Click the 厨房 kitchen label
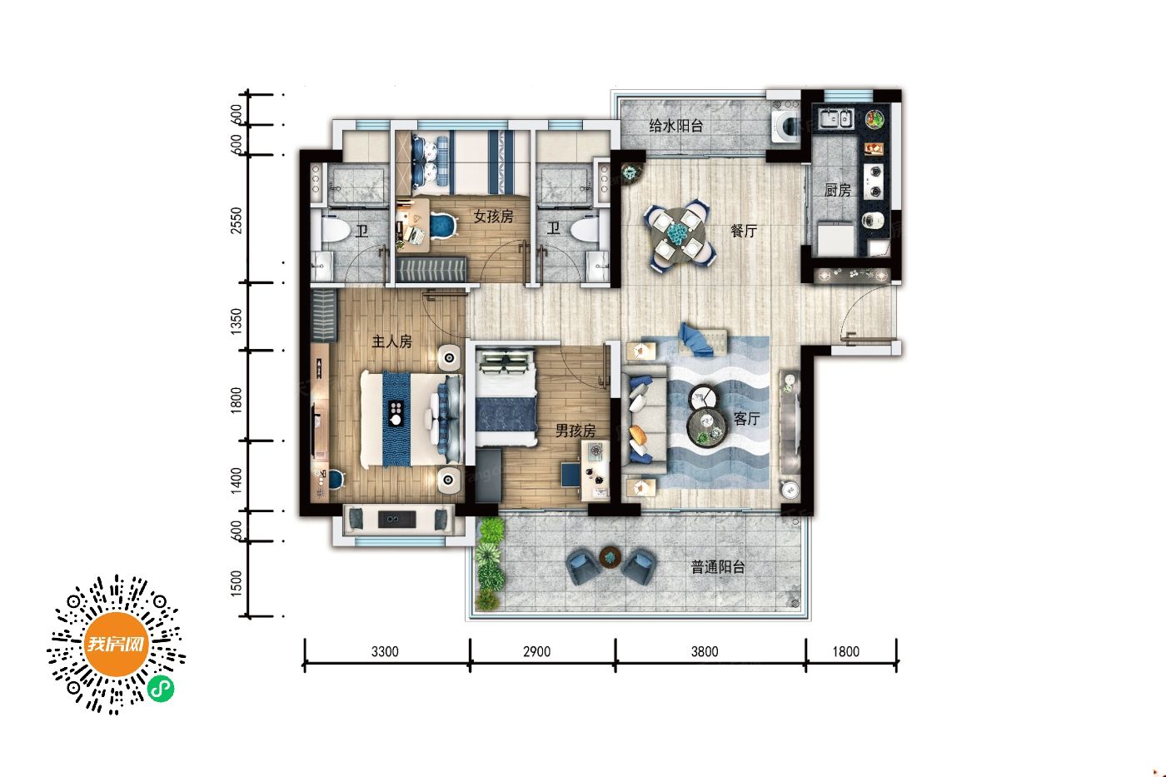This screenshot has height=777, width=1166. (x=838, y=191)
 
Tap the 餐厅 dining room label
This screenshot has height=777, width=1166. (x=744, y=231)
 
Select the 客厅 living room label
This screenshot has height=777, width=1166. (x=746, y=418)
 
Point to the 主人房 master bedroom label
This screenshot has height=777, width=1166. (x=391, y=341)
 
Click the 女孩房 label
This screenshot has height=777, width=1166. (x=493, y=216)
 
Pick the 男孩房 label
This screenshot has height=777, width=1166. (x=576, y=431)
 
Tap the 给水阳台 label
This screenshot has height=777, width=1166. (x=676, y=126)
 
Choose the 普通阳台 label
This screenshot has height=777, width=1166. (x=718, y=567)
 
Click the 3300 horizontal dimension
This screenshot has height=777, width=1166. (x=385, y=651)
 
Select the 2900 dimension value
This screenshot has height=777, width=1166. (x=536, y=651)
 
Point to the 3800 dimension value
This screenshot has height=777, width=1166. (x=705, y=651)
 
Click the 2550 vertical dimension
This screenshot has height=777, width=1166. (x=237, y=220)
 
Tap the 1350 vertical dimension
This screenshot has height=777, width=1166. (x=237, y=321)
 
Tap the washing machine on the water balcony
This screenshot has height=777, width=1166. (x=786, y=126)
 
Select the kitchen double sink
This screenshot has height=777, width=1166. (x=835, y=118)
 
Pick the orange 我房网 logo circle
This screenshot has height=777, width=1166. (x=116, y=645)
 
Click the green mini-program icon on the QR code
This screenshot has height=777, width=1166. (x=161, y=689)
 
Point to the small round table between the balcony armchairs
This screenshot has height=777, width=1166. (x=610, y=557)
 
